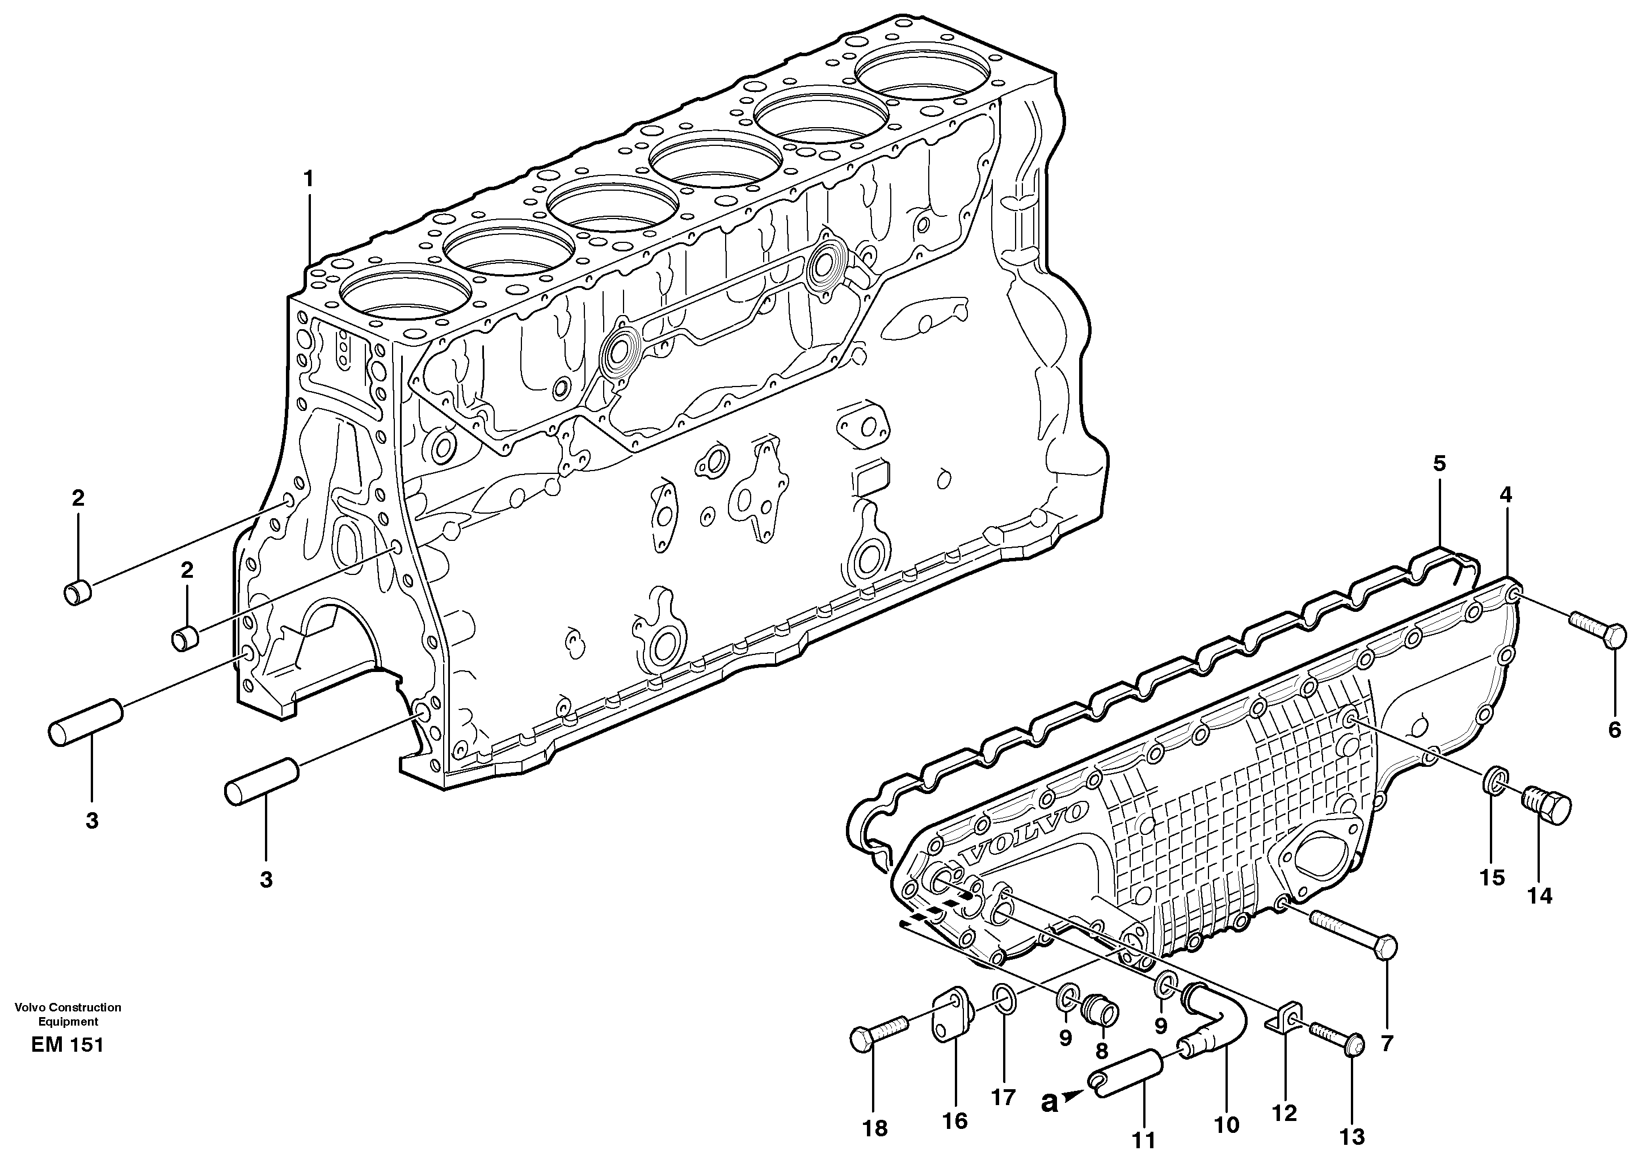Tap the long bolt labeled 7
pyautogui.click(x=1353, y=934)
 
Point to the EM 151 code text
pyautogui.click(x=67, y=1045)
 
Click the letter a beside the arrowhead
pyautogui.click(x=1048, y=1103)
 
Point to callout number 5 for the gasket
pyautogui.click(x=1439, y=464)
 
